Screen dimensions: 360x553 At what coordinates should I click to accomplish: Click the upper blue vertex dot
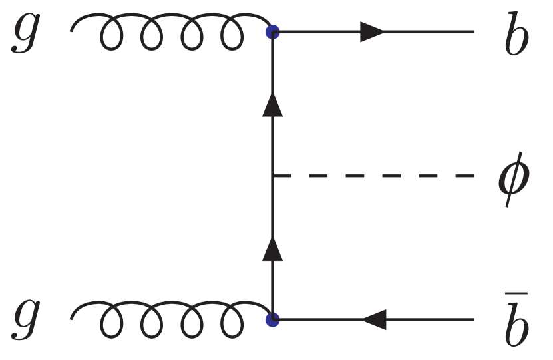coord(272,31)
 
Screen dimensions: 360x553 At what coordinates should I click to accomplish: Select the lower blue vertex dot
coord(272,319)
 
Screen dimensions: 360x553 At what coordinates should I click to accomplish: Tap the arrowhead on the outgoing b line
coord(373,31)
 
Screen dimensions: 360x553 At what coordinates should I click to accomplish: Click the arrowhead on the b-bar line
coord(373,320)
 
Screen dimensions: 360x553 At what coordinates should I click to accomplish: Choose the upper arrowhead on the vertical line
coord(272,104)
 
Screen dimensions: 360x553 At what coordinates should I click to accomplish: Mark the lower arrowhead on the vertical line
coord(272,249)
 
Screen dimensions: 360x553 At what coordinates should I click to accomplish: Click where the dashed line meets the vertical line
coord(273,176)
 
